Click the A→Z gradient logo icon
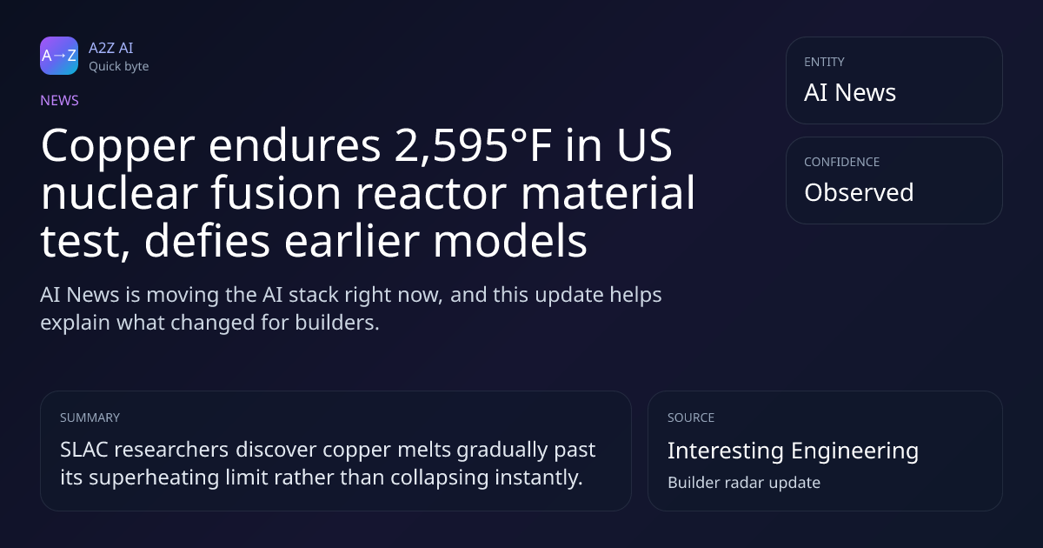point(59,56)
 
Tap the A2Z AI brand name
point(111,48)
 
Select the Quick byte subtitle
point(119,67)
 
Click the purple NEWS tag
point(60,101)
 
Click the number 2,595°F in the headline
point(473,146)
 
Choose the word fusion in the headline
point(276,193)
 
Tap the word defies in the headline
point(207,241)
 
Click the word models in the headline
point(510,241)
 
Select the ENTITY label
point(824,62)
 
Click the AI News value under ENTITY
point(850,92)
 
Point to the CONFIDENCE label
point(842,162)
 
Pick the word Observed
point(859,192)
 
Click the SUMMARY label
point(90,418)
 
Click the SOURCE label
point(691,418)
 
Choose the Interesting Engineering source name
point(793,451)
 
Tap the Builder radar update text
point(744,483)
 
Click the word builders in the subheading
point(337,323)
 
